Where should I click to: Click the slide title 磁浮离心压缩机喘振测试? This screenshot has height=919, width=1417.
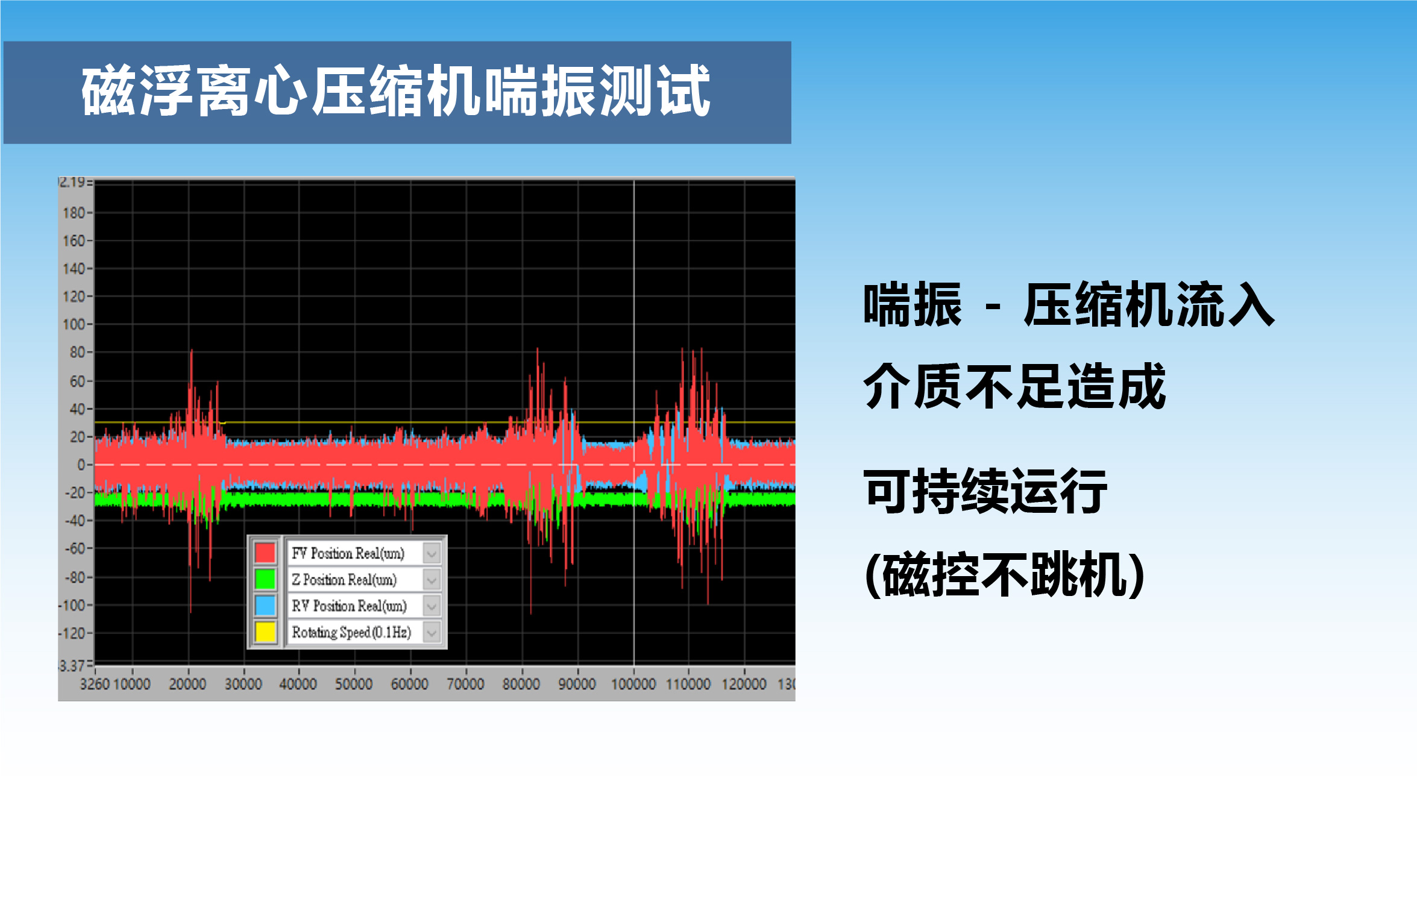coord(396,91)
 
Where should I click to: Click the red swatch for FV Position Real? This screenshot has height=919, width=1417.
coord(265,553)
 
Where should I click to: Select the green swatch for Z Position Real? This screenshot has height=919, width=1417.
coord(265,579)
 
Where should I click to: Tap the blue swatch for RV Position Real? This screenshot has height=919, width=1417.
coord(265,606)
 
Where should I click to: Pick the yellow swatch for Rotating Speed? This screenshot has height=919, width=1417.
coord(265,632)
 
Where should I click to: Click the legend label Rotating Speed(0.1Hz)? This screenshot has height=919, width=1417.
coord(351,632)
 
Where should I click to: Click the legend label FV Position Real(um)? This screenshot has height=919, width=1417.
coord(348,553)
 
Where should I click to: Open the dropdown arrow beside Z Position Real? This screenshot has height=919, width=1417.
coord(432,580)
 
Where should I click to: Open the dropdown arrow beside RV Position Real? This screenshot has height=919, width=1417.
coord(432,606)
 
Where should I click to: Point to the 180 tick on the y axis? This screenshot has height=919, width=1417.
coord(74,213)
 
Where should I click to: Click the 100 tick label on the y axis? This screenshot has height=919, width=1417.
coord(74,324)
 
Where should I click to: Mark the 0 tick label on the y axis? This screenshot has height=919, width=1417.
coord(81,465)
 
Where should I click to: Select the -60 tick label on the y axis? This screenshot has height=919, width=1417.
coord(75,548)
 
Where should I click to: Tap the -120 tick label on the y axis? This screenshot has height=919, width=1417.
coord(72,633)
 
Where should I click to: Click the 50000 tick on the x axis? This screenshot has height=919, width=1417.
coord(354,684)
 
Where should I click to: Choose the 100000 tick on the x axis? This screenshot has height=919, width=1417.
coord(633,684)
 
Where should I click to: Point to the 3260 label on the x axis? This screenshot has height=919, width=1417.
coord(95,684)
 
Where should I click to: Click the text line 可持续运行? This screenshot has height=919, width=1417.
coord(985,491)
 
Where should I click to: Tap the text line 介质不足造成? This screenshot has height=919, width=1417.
coord(1014,386)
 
